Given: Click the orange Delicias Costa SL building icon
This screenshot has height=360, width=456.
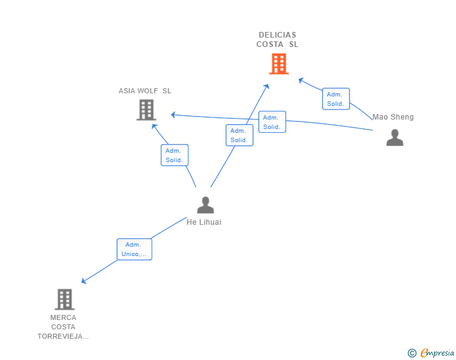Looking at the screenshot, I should (x=279, y=64).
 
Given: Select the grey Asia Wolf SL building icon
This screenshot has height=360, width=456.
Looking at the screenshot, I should (x=146, y=110).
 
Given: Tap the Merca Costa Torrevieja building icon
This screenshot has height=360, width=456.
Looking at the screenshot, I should (x=65, y=299).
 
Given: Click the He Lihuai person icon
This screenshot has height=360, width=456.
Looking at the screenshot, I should (x=205, y=205).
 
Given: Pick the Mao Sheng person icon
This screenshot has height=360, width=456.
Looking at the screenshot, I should (x=395, y=137).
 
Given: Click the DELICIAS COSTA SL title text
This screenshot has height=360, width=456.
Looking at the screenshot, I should (x=277, y=39).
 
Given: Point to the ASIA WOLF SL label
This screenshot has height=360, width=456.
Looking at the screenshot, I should (x=145, y=91).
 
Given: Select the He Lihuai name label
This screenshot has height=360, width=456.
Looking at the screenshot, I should (x=204, y=222).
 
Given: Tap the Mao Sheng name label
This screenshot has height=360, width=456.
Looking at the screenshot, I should (x=393, y=117).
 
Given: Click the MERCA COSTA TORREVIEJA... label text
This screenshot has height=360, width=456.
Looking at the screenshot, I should (x=63, y=327).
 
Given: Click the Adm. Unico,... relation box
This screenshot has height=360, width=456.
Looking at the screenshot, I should (x=134, y=249).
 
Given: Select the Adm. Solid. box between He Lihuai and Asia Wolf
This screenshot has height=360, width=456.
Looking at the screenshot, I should (x=174, y=155).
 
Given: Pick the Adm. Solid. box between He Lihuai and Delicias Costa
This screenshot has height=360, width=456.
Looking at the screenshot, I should (x=239, y=135).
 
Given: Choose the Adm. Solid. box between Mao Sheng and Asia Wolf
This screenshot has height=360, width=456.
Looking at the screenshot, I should (x=272, y=122).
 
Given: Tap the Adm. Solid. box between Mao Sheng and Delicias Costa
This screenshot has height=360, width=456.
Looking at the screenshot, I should (x=336, y=99).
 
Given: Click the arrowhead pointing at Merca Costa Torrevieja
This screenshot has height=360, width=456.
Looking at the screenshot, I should (x=84, y=281).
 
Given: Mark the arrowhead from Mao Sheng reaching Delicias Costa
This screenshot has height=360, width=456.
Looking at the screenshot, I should (x=301, y=80).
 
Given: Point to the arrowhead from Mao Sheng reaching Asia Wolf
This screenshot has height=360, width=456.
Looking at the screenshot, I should (x=174, y=115).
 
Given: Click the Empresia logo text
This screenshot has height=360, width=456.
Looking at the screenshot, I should (x=437, y=352).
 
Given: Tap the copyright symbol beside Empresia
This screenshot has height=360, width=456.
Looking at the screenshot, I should (x=412, y=353).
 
